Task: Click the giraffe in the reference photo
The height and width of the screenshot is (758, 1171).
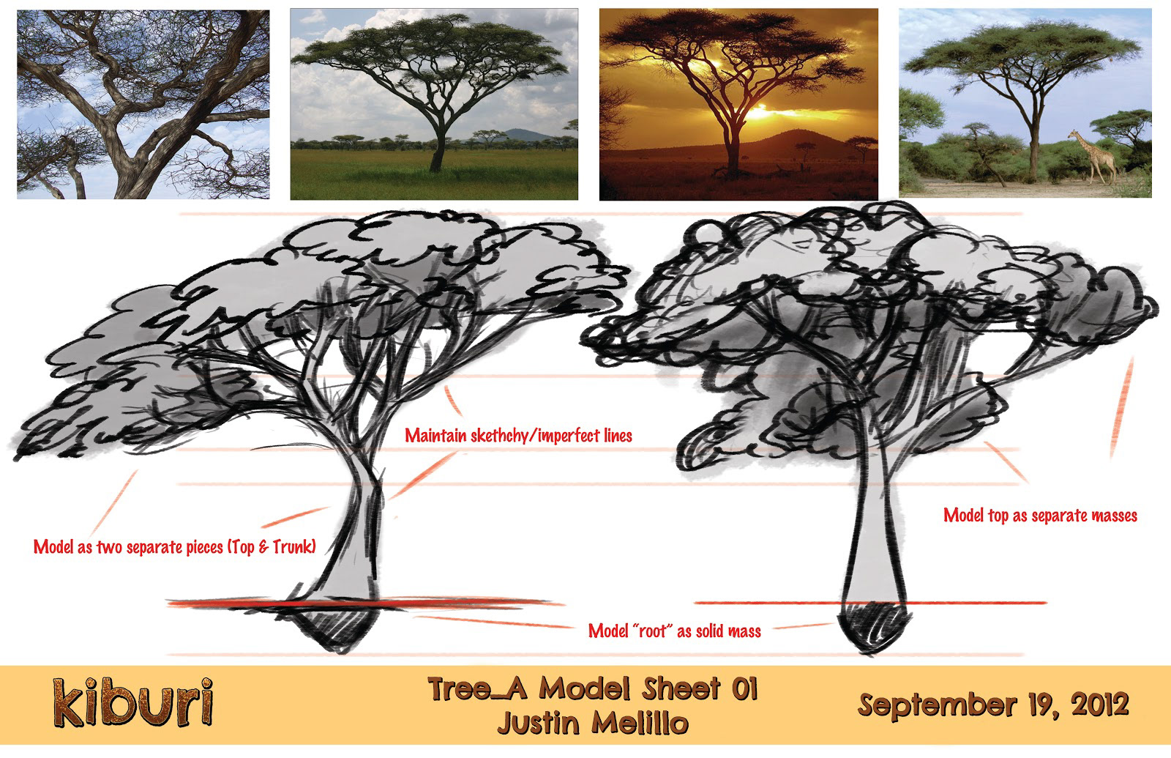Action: pyautogui.click(x=1093, y=157)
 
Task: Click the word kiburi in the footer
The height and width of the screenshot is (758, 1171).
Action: pyautogui.click(x=132, y=702)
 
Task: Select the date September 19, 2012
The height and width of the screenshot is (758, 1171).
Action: pyautogui.click(x=992, y=705)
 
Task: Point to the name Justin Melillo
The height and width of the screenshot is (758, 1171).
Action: pyautogui.click(x=593, y=724)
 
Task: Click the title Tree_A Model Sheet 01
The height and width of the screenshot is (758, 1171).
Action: pyautogui.click(x=593, y=688)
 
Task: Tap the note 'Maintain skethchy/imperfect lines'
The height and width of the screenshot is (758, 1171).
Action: pyautogui.click(x=519, y=436)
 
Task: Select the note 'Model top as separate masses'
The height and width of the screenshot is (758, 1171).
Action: pyautogui.click(x=1040, y=516)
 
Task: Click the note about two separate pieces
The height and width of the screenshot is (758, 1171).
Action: pyautogui.click(x=175, y=547)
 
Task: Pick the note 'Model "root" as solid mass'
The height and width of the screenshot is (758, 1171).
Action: pyautogui.click(x=674, y=631)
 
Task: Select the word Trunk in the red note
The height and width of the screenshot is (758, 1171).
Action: pyautogui.click(x=291, y=547)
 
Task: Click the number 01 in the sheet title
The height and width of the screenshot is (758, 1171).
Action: pyautogui.click(x=744, y=688)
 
